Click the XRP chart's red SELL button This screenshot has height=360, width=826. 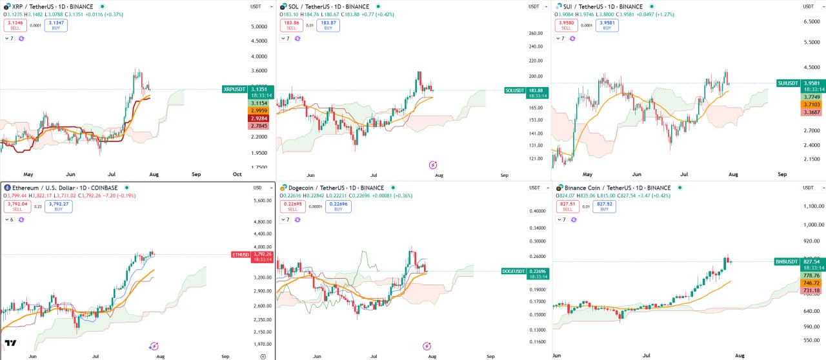pyautogui.click(x=14, y=25)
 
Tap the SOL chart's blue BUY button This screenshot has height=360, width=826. pyautogui.click(x=328, y=25)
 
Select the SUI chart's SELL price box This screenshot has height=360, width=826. pyautogui.click(x=566, y=25)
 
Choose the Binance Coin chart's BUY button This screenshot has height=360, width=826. pyautogui.click(x=604, y=206)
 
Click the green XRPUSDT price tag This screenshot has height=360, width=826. pyautogui.click(x=234, y=89)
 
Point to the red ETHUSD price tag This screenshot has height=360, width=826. pyautogui.click(x=241, y=254)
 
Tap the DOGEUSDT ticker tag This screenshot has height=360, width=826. pyautogui.click(x=514, y=272)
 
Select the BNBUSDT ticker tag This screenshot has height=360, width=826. pyautogui.click(x=787, y=262)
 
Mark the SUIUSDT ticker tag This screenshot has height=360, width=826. pyautogui.click(x=789, y=83)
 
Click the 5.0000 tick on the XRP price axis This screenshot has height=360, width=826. pyautogui.click(x=259, y=26)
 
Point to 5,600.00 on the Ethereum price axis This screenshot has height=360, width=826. pyautogui.click(x=263, y=201)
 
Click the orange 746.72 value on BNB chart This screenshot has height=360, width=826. pyautogui.click(x=811, y=283)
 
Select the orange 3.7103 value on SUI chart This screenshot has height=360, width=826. pyautogui.click(x=811, y=104)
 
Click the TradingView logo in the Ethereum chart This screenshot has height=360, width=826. pyautogui.click(x=10, y=343)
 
